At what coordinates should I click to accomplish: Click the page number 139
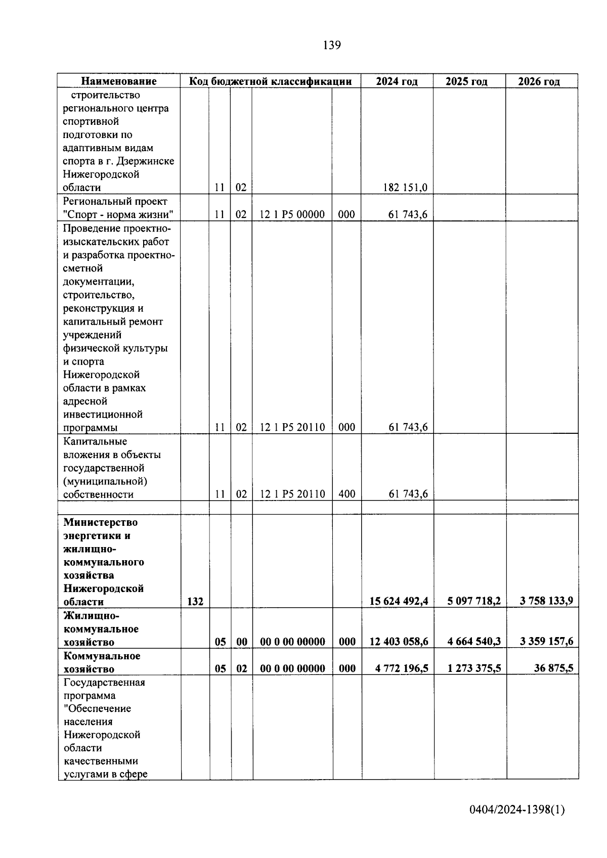point(332,46)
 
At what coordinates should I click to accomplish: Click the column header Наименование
point(119,81)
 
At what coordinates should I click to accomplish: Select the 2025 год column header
point(466,81)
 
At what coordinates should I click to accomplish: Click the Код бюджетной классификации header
point(270,81)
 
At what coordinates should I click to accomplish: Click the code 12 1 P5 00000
point(292,214)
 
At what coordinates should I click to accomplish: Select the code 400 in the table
point(346,494)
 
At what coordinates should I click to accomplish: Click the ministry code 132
point(195,602)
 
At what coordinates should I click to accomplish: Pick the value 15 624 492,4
point(399,601)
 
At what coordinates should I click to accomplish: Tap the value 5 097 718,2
point(473,601)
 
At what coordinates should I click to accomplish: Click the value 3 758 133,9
point(546,601)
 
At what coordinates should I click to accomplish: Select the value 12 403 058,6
point(399,642)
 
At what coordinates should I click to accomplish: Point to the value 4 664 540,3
point(473,642)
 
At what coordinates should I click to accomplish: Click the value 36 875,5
point(553,668)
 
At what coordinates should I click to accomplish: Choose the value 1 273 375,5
point(473,668)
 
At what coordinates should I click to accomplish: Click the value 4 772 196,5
point(402,668)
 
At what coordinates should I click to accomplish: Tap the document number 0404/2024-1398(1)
point(516,810)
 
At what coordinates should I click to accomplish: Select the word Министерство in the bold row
point(100,522)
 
